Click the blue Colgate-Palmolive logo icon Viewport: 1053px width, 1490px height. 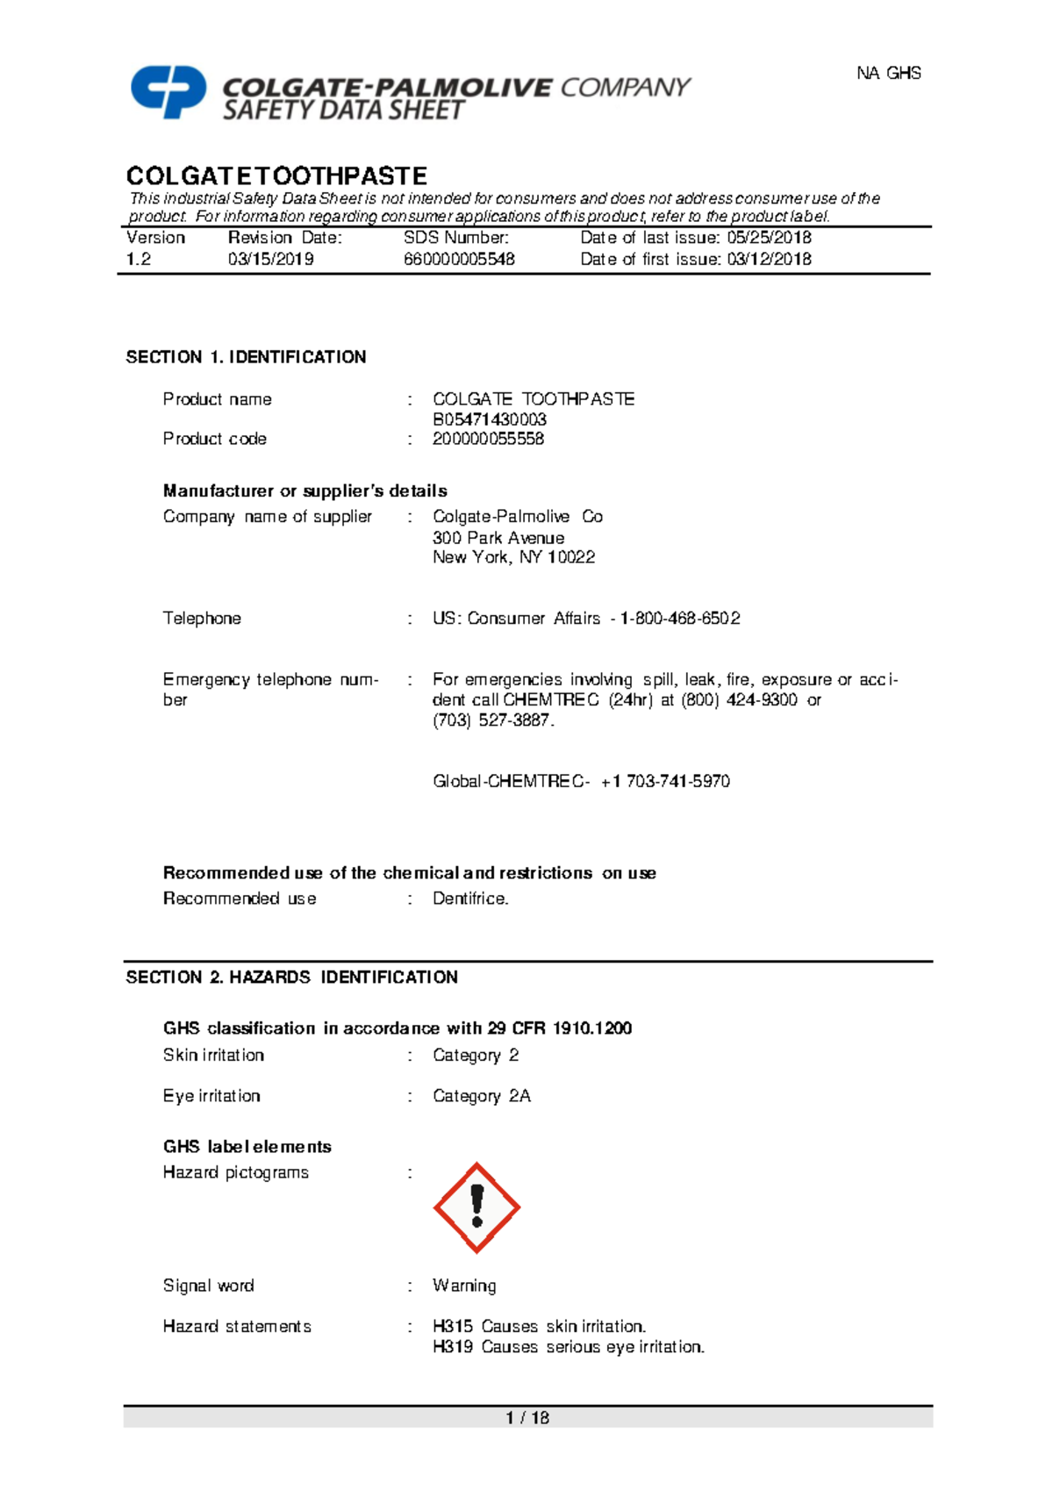168,90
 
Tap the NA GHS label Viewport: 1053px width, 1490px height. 888,74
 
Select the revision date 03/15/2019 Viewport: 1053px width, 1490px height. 270,260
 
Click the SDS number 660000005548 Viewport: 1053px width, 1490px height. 459,260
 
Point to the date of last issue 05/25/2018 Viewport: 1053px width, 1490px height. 769,238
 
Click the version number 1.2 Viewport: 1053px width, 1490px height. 139,260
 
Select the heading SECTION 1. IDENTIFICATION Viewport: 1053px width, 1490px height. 246,357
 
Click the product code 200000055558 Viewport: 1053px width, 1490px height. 488,439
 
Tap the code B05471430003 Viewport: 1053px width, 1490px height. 489,419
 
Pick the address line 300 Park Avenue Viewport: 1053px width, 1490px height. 498,538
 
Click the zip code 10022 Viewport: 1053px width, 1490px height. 570,557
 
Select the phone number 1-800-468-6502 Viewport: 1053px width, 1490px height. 680,619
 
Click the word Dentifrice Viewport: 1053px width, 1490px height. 470,899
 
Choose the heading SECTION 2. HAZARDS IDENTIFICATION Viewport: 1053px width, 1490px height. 291,978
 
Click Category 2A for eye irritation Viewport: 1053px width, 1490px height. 481,1096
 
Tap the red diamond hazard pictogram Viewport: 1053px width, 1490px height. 476,1207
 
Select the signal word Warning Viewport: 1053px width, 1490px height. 464,1286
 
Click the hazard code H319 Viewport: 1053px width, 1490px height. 453,1347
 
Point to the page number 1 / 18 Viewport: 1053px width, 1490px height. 527,1417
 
